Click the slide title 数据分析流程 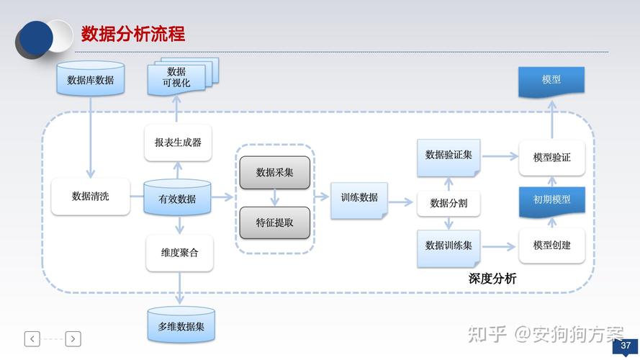point(133,34)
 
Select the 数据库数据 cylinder point(91,80)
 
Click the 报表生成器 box point(179,142)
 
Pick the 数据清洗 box point(91,196)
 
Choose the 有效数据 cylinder point(177,198)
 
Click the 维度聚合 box point(179,253)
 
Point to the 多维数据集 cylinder point(181,326)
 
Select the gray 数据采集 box point(275,172)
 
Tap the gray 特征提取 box point(275,222)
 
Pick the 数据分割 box point(449,203)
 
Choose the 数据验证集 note point(449,156)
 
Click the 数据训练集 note point(449,246)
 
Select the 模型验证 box point(551,157)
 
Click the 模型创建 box point(551,246)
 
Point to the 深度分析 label point(492,278)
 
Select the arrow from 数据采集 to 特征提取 point(275,197)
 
